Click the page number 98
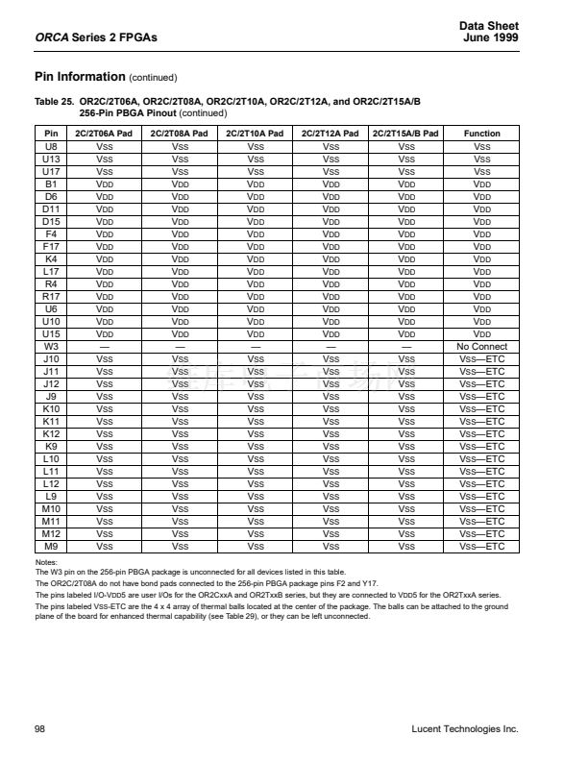[39, 729]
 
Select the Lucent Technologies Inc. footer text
[464, 729]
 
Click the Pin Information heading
[80, 77]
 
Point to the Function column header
[481, 134]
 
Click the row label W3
[52, 346]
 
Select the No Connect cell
[481, 346]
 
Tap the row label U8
[52, 146]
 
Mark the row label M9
[52, 546]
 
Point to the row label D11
[52, 209]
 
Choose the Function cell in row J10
[481, 358]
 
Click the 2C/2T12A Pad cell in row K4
[331, 258]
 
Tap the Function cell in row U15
[481, 333]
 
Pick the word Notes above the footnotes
[46, 562]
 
